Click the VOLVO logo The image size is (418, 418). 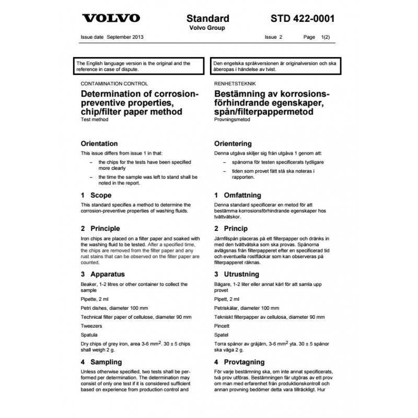click(111, 18)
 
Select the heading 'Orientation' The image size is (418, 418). click(99, 144)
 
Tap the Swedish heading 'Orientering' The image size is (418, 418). click(233, 144)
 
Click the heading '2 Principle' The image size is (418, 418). click(100, 228)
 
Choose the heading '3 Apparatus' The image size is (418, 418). click(102, 273)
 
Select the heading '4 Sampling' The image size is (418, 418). click(101, 362)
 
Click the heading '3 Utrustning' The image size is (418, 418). click(239, 273)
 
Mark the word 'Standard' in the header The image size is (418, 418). click(207, 18)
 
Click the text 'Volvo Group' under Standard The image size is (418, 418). click(207, 28)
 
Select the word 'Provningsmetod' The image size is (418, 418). click(233, 120)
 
